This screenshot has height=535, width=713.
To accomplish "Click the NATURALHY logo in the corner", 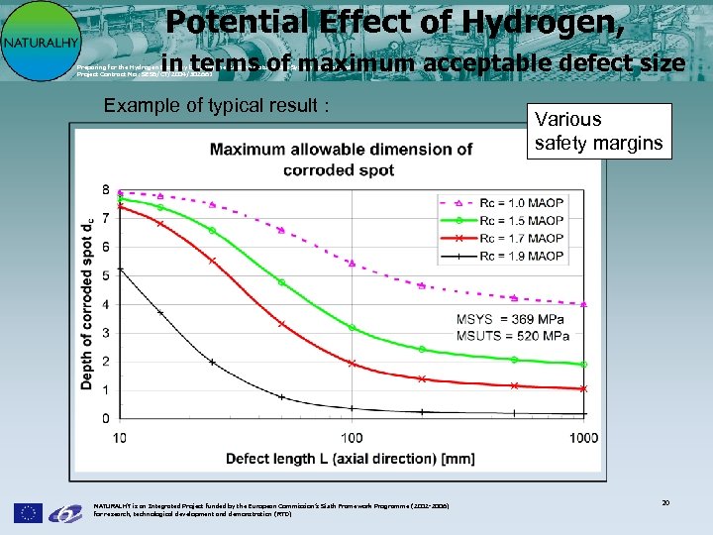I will point(38,42).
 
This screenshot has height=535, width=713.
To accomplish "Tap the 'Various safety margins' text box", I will point(598,131).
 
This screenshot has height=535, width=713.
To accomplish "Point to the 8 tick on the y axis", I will point(105,189).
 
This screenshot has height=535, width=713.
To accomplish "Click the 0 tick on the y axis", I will point(105,419).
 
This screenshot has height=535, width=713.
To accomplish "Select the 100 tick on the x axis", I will point(352,437).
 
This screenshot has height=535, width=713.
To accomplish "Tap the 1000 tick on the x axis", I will point(583,437).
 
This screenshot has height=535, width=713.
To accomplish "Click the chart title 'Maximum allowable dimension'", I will point(341,160).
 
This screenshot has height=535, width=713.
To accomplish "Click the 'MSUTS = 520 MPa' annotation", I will point(512,336).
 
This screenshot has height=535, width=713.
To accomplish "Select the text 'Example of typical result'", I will point(217,106).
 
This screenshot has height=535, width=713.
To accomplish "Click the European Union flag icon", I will point(28,512).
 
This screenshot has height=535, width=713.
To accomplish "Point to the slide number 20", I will point(666,503).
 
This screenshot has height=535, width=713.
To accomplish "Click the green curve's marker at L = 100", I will point(352,327).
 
